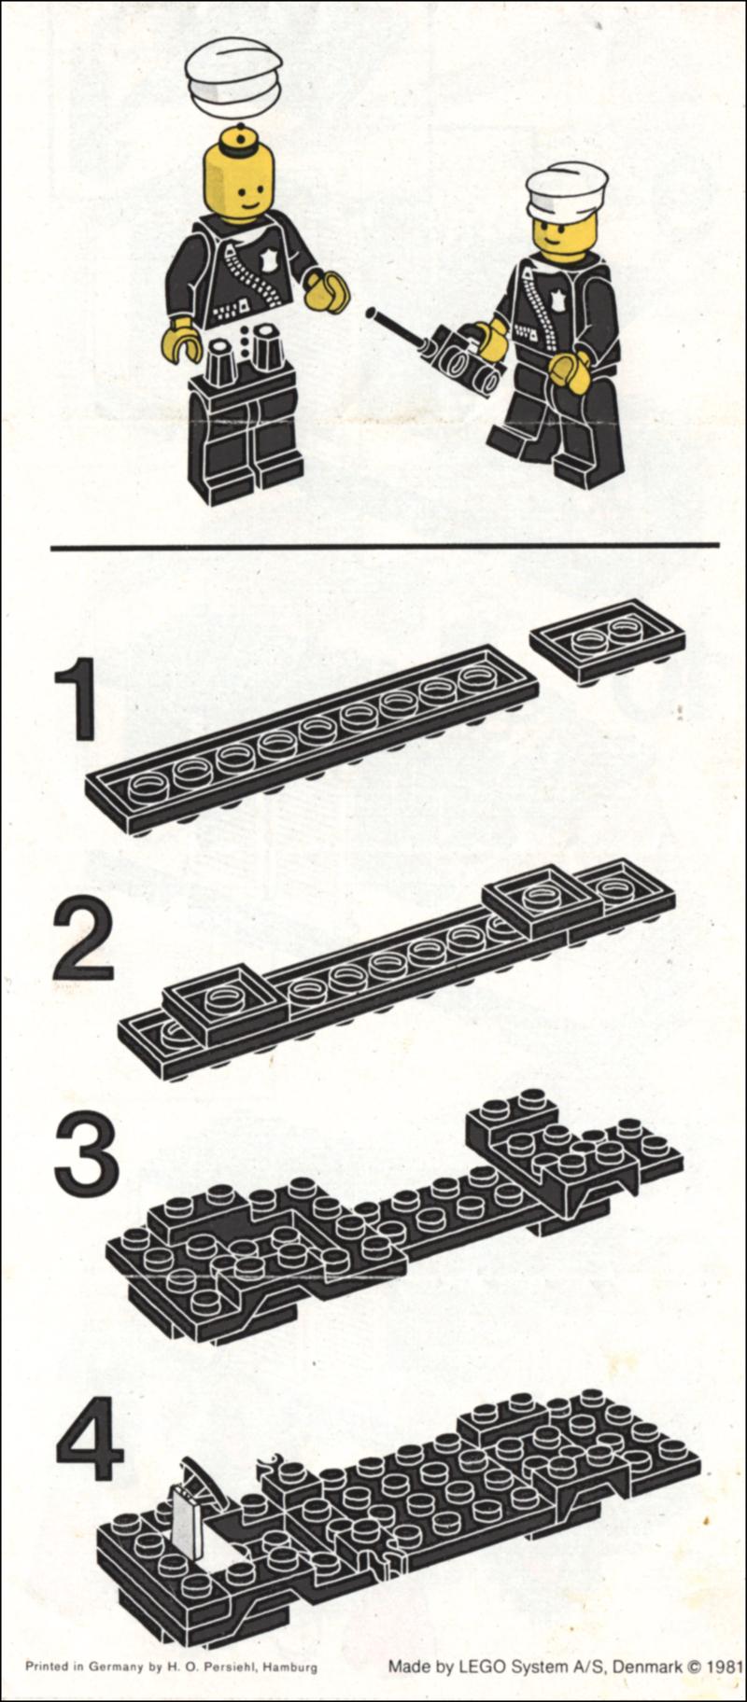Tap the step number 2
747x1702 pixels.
point(83,940)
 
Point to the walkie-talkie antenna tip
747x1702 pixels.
point(371,312)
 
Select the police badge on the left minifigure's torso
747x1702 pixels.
point(272,264)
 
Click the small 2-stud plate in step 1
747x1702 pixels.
point(607,641)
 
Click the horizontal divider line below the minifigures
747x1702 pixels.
point(385,546)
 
